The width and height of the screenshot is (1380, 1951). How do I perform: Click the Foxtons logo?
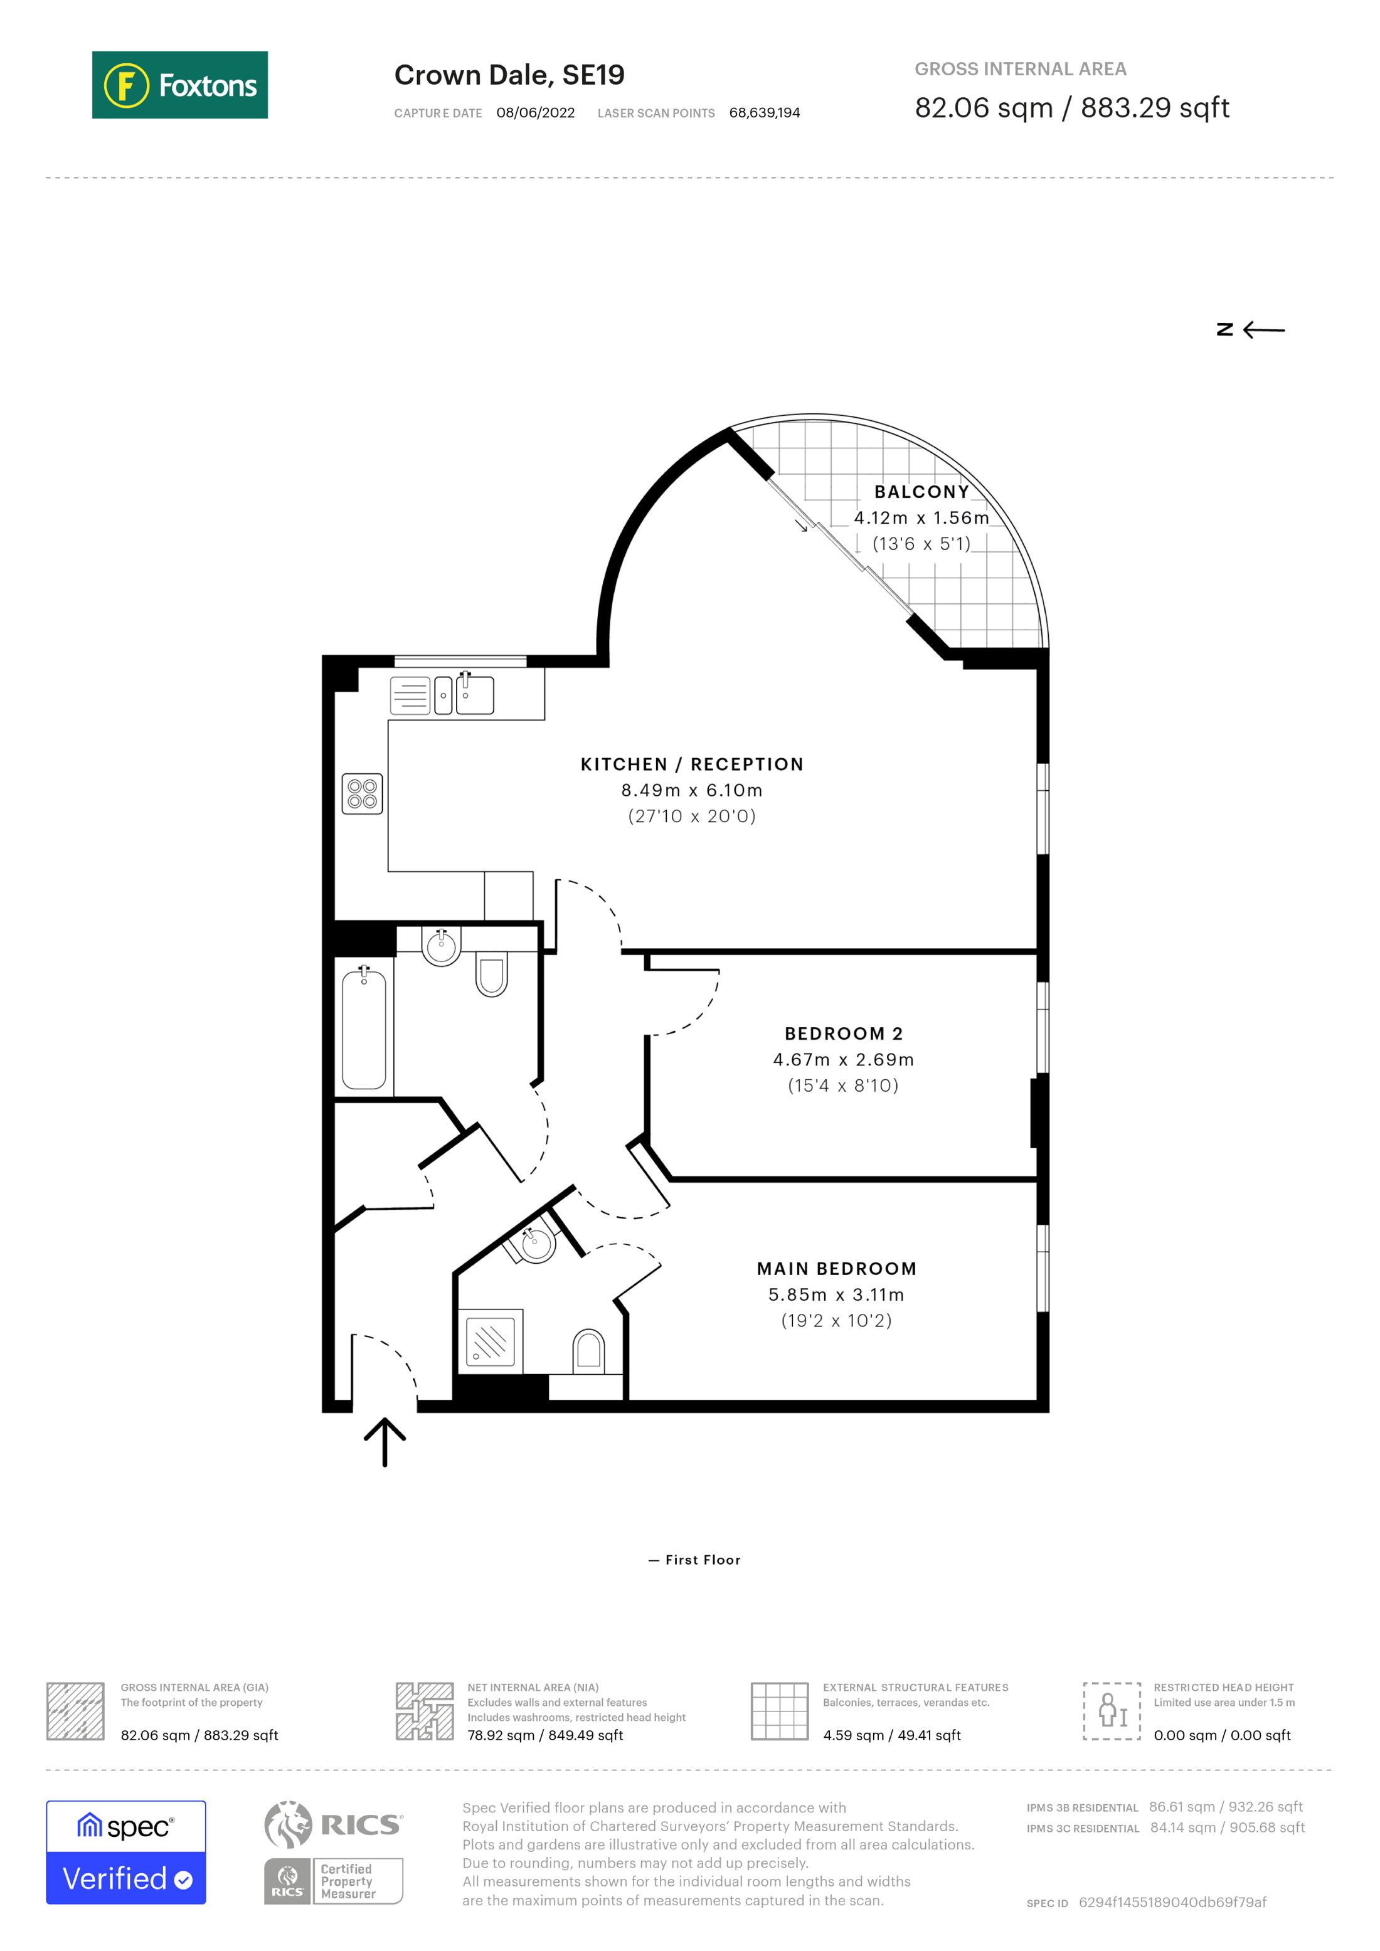(179, 85)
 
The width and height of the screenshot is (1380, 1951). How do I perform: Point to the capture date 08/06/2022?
(535, 113)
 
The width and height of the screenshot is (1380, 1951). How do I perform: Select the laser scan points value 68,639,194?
(764, 113)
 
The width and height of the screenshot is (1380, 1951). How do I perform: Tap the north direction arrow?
(1251, 330)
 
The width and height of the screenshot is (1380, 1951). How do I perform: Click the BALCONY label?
(921, 492)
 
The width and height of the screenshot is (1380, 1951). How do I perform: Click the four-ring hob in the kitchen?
(362, 794)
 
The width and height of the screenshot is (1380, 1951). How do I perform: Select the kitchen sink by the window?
(465, 695)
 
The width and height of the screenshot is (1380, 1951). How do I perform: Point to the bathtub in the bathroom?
(364, 1030)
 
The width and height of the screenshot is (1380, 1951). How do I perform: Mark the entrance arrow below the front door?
(385, 1442)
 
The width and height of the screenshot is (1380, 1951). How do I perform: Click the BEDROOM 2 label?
(843, 1034)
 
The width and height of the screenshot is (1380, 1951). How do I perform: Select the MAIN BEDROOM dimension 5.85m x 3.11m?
(836, 1294)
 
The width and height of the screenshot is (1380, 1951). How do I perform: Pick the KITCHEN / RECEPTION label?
(692, 764)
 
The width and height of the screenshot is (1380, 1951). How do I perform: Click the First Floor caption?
(695, 1560)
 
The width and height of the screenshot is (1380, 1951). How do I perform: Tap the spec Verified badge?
(125, 1853)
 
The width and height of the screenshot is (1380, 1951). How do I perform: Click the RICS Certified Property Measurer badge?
(333, 1881)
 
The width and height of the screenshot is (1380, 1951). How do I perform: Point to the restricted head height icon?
(1112, 1711)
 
